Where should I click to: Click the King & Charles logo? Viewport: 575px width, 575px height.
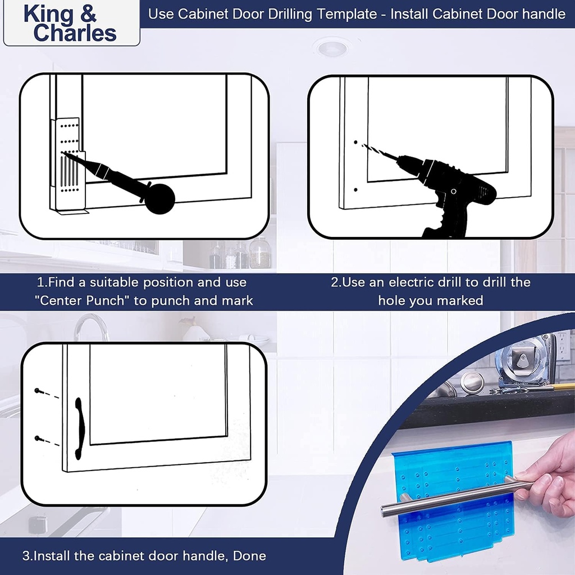(70, 24)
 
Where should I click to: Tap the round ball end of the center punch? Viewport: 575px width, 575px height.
(159, 199)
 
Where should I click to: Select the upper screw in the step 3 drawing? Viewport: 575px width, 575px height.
(38, 390)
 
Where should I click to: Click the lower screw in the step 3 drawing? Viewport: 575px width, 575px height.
(38, 438)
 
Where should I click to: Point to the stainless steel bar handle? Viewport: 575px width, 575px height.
(449, 498)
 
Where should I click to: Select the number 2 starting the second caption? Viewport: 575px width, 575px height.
(335, 282)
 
